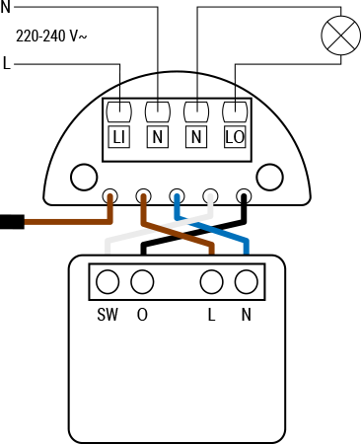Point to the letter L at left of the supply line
pyautogui.click(x=7, y=65)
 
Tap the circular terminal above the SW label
pyautogui.click(x=108, y=282)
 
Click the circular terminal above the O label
pyautogui.click(x=142, y=282)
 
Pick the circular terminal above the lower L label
pyautogui.click(x=210, y=282)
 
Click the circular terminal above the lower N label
pyautogui.click(x=245, y=282)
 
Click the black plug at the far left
pyautogui.click(x=11, y=221)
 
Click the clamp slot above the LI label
pyautogui.click(x=119, y=111)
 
